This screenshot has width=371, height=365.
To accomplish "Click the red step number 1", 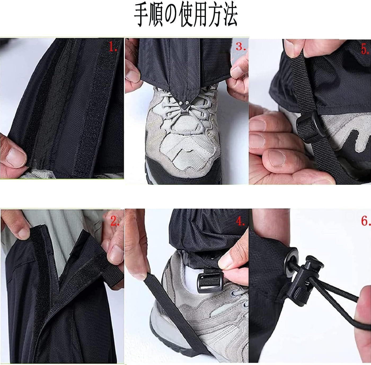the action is click(113, 47).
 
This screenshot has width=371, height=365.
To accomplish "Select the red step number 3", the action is click(241, 46).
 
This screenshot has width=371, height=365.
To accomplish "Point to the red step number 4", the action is click(240, 221).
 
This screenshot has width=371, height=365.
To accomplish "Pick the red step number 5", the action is click(365, 49).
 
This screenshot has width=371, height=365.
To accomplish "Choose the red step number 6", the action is click(366, 221).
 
